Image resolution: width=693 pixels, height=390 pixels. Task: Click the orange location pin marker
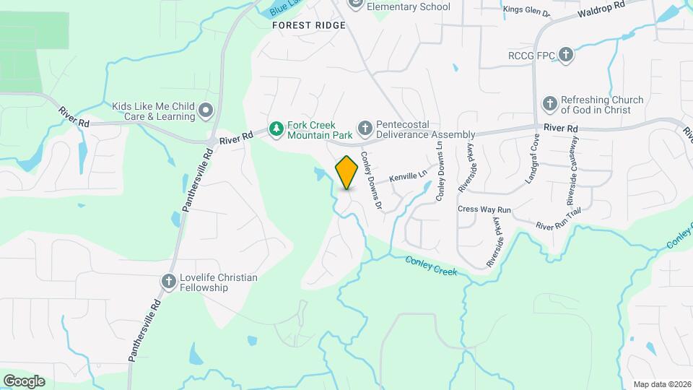pyautogui.click(x=347, y=172)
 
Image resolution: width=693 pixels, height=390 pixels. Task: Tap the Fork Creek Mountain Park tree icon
pyautogui.click(x=275, y=129)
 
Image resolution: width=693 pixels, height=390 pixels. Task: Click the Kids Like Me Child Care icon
pyautogui.click(x=206, y=110)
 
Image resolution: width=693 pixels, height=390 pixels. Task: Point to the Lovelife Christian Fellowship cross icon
pyautogui.click(x=169, y=282)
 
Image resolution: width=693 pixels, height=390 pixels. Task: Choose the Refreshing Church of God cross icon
pyautogui.click(x=550, y=105)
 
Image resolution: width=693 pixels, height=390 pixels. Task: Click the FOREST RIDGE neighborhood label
pyautogui.click(x=308, y=25)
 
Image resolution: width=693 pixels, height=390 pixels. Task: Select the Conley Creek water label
pyautogui.click(x=431, y=265)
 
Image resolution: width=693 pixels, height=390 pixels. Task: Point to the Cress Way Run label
pyautogui.click(x=484, y=209)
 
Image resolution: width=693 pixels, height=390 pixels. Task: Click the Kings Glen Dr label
pyautogui.click(x=526, y=10)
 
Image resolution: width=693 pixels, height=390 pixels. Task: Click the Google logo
pyautogui.click(x=24, y=381)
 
